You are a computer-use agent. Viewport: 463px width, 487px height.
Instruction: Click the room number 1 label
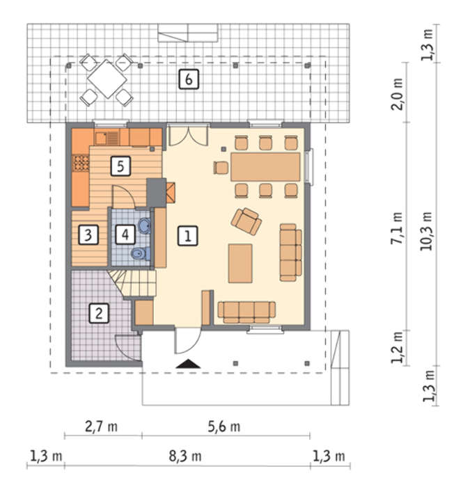click(188, 236)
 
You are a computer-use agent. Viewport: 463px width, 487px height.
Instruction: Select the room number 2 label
click(99, 313)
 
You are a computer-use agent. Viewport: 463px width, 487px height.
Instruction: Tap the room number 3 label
click(88, 234)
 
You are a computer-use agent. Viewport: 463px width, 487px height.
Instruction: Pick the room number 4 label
click(125, 234)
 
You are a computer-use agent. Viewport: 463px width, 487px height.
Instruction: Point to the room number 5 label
click(120, 166)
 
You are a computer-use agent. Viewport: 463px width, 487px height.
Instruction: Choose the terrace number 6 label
click(189, 79)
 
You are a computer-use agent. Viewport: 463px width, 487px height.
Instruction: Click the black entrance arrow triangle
click(188, 364)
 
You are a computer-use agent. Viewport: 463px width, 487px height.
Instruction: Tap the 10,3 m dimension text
click(426, 231)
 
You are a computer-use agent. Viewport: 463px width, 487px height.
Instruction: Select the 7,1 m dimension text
click(397, 228)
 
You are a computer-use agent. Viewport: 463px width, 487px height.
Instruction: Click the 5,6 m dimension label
click(224, 426)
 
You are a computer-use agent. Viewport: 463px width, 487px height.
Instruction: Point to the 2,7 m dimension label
click(101, 426)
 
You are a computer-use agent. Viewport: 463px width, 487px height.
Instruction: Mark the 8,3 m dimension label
click(185, 456)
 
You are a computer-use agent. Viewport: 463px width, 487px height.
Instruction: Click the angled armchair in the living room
click(246, 221)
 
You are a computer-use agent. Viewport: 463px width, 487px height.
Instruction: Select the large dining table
click(265, 167)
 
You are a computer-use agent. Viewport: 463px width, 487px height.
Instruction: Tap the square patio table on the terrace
click(107, 79)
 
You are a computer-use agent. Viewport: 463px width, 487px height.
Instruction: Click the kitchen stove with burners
click(81, 163)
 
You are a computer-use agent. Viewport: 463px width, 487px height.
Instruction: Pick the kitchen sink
click(107, 138)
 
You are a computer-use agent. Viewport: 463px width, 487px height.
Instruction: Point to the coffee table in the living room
click(240, 264)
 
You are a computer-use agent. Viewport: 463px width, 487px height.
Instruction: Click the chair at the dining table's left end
click(221, 168)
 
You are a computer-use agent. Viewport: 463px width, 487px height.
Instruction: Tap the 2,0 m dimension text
click(397, 94)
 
